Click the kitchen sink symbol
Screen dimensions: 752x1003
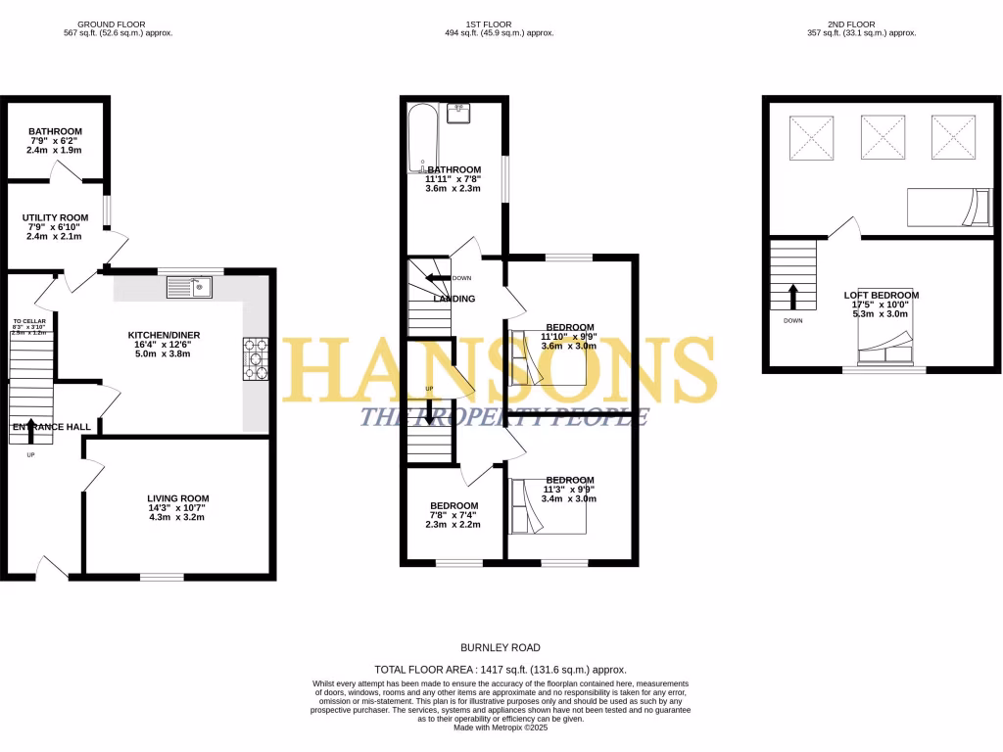190,286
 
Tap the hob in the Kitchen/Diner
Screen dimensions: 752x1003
256,357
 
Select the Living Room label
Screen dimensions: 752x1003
177,503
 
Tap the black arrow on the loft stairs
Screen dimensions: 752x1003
793,295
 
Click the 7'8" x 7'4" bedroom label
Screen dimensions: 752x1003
452,515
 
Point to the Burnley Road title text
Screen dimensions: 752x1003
501,647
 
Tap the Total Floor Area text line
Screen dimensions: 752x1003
501,670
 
